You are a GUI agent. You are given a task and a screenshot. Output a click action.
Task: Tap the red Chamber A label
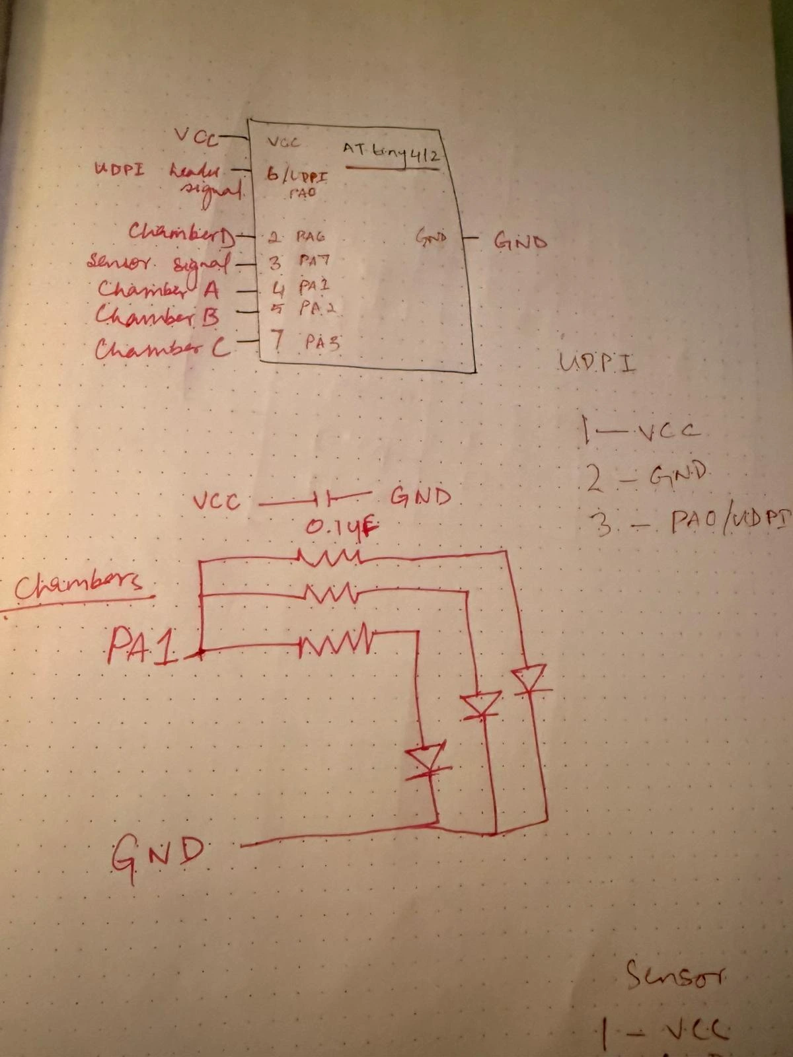click(x=159, y=289)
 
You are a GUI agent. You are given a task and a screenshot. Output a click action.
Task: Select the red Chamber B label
click(x=157, y=316)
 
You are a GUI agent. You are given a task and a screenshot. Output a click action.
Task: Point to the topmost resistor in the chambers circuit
click(x=328, y=558)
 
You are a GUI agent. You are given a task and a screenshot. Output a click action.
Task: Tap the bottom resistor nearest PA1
click(x=334, y=641)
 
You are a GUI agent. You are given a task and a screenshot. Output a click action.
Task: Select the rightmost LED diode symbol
click(x=529, y=679)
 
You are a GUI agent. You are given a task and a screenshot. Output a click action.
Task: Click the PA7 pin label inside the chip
click(x=314, y=260)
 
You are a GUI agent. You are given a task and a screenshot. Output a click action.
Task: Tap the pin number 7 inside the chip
click(x=278, y=340)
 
